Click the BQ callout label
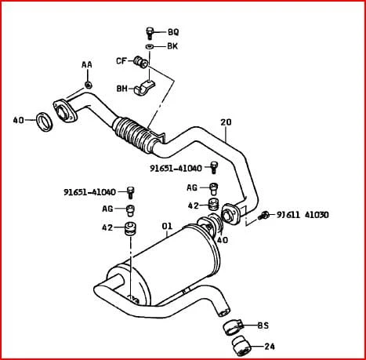173,32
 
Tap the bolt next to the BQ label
150,33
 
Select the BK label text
172,46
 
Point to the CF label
121,61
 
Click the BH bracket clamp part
144,87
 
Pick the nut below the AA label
89,85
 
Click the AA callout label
87,64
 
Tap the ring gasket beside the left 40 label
44,122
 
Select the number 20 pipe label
226,122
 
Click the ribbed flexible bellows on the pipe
133,133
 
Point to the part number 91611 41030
303,215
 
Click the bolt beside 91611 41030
263,216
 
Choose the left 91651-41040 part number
89,192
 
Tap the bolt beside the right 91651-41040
214,168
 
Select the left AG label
107,209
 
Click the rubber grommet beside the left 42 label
131,229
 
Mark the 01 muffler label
167,226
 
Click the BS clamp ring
234,327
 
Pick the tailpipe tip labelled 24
241,346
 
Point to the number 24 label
270,347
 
